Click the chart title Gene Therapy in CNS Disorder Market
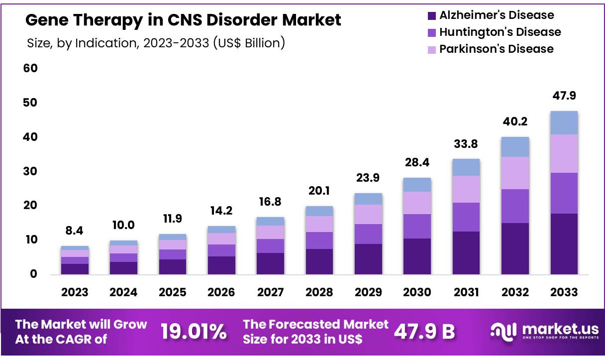[183, 20]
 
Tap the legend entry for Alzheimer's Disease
[496, 15]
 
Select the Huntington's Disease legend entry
[500, 32]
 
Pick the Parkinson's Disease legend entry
[496, 49]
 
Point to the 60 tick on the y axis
[31, 68]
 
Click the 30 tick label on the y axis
[31, 171]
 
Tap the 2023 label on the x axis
[75, 292]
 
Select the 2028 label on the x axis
[319, 292]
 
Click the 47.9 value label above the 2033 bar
[564, 96]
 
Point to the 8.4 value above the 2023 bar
[75, 231]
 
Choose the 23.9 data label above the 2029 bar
[368, 178]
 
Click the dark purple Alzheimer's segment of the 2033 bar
[564, 244]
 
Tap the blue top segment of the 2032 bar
[515, 147]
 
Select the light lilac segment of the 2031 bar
[466, 189]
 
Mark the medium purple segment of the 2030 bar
[417, 226]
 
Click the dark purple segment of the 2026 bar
[221, 265]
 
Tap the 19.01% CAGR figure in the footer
[194, 332]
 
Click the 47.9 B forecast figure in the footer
[424, 332]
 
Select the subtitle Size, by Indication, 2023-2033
[156, 43]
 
